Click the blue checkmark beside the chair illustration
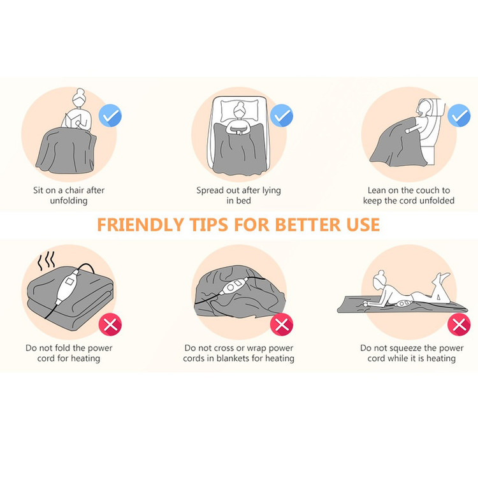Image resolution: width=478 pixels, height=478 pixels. pos(110,115)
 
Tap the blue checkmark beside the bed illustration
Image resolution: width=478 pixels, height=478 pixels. pos(281,115)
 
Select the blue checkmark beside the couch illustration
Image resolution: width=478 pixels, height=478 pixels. pos(459,115)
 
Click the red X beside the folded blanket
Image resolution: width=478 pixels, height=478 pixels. pos(110,324)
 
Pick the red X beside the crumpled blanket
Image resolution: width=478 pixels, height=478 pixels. pos(281,324)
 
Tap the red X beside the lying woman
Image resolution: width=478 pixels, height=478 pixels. pos(459,324)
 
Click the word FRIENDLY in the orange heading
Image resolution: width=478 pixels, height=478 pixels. pos(140,225)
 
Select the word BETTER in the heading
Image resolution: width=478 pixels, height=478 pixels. pos(308,225)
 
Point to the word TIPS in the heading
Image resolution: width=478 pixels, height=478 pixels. pos(208,225)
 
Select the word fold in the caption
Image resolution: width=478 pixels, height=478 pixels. pos(63,348)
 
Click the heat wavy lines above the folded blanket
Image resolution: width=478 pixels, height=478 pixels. pos(47,261)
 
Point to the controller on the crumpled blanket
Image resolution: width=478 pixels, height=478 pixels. pos(233,286)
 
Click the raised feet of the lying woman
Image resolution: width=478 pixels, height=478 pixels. pos(442,277)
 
